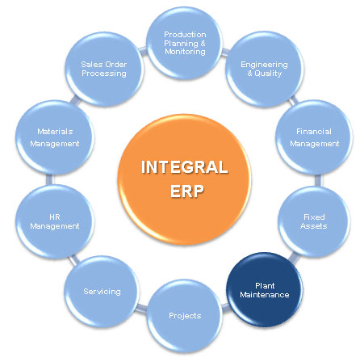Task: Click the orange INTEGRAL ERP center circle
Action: click(x=185, y=179)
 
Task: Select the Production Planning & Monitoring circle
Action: click(x=185, y=43)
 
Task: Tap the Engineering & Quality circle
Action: click(x=265, y=69)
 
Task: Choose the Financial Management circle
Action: click(x=314, y=137)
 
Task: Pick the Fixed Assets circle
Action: click(x=314, y=221)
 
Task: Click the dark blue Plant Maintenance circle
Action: click(x=265, y=290)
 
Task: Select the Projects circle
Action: click(x=185, y=316)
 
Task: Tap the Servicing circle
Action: click(x=102, y=292)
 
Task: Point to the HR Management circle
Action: click(x=55, y=221)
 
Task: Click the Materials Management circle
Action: click(x=55, y=137)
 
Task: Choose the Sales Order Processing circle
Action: click(x=104, y=69)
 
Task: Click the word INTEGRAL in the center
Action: click(x=185, y=167)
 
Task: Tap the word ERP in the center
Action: click(x=187, y=192)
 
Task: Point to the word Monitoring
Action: click(x=185, y=52)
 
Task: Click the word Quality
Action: click(x=268, y=74)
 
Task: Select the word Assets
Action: click(x=314, y=225)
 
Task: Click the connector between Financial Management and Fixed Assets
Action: click(x=318, y=180)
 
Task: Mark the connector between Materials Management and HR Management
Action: click(x=49, y=179)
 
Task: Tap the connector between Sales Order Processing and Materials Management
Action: click(x=75, y=100)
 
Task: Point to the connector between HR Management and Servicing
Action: click(x=73, y=259)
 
